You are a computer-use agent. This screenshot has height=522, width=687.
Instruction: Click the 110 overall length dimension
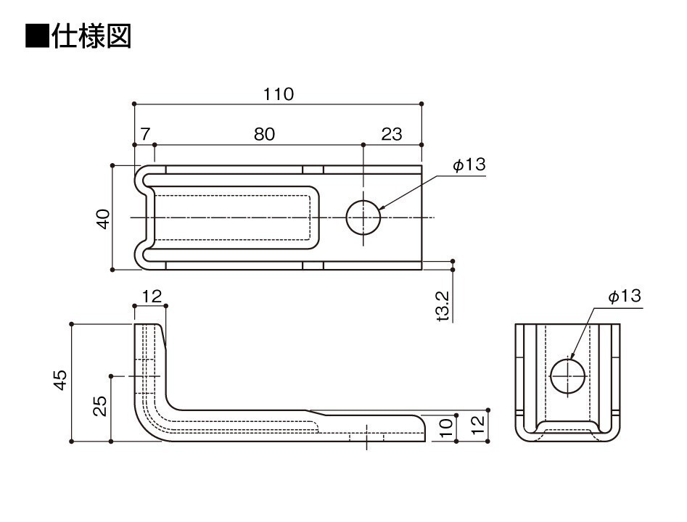[279, 94]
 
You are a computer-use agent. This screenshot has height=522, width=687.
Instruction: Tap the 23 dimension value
[391, 135]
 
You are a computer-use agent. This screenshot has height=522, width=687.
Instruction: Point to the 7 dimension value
[144, 135]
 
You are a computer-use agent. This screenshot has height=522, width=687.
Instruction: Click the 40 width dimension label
[103, 218]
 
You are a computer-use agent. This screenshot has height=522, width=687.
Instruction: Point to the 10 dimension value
[446, 428]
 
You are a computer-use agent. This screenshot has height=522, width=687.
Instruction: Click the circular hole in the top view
[363, 217]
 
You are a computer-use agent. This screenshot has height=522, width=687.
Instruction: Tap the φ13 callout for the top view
[468, 166]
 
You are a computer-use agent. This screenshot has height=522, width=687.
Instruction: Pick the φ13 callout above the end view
[624, 297]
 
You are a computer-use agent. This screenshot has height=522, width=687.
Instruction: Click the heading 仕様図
[91, 36]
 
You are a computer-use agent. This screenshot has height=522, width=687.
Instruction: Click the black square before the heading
[36, 36]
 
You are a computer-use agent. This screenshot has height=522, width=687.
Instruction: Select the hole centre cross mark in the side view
[367, 436]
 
